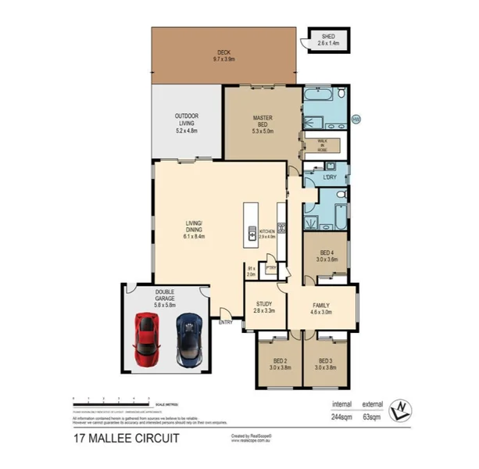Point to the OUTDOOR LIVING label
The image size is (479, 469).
pos(187,120)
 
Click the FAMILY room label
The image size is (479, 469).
pos(321,307)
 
